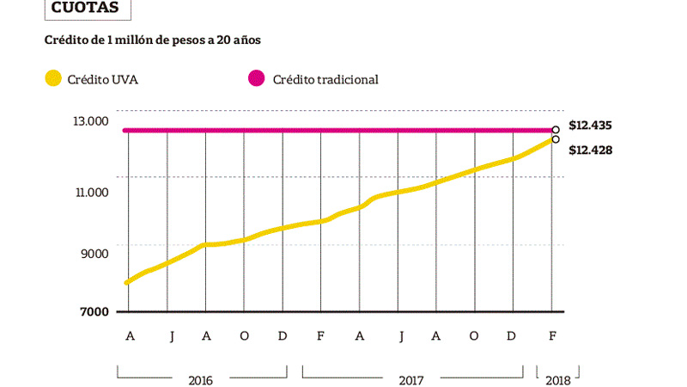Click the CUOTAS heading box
tap(88, 9)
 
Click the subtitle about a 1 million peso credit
tap(153, 40)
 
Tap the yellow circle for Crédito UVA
tap(53, 78)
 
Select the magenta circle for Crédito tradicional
tap(256, 78)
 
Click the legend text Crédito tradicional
tap(325, 79)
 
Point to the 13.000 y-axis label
tap(91, 121)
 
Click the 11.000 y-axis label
tap(92, 192)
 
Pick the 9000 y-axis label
tap(94, 254)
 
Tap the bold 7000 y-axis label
tap(94, 311)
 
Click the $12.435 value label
tap(590, 126)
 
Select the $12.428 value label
tap(590, 150)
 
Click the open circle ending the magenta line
tap(556, 130)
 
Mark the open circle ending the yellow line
tap(556, 139)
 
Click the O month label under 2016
tap(244, 336)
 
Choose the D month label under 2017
tap(511, 336)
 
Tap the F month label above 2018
tap(552, 336)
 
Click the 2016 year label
tap(201, 380)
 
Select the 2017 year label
tap(411, 380)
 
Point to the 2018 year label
tap(558, 380)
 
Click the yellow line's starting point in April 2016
tap(127, 283)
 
